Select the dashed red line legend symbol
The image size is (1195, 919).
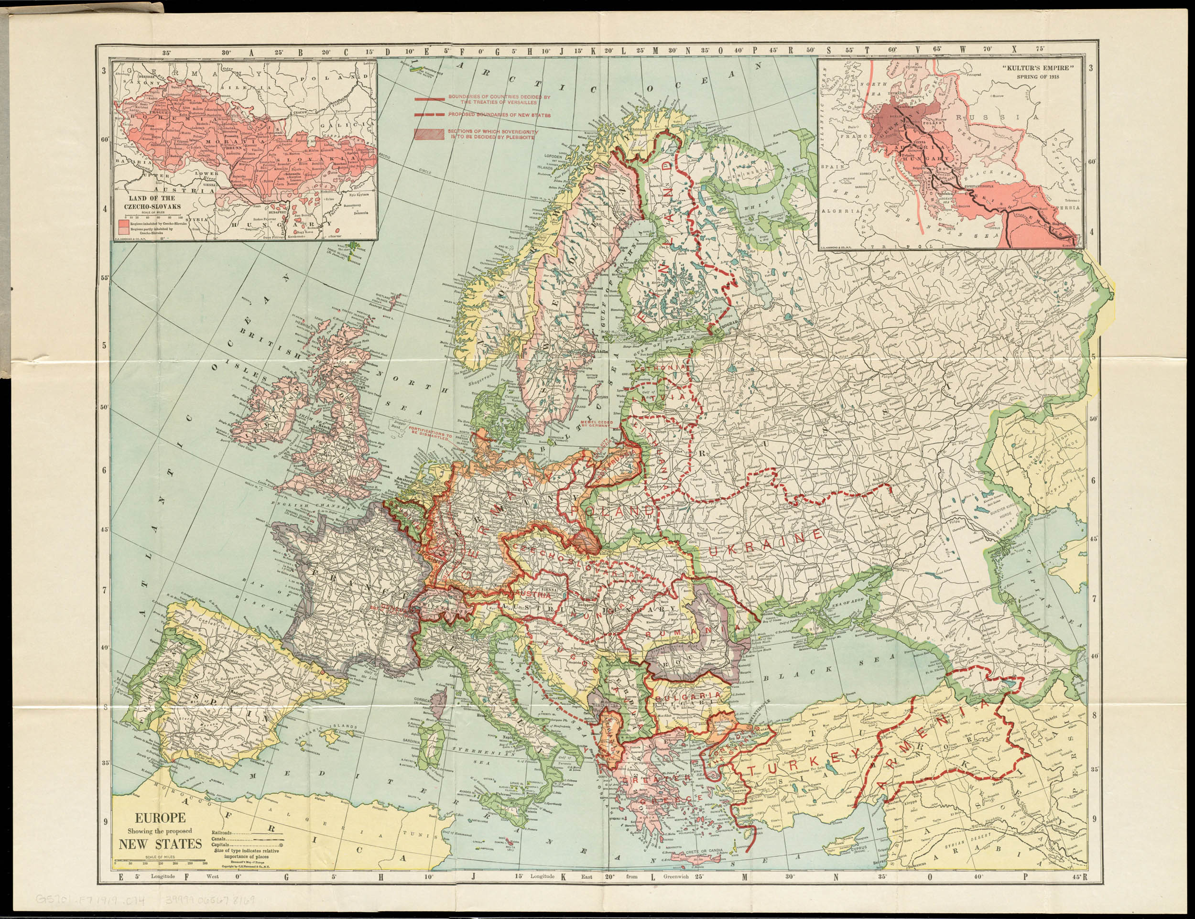click(430, 115)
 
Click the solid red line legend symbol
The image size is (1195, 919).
click(430, 99)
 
